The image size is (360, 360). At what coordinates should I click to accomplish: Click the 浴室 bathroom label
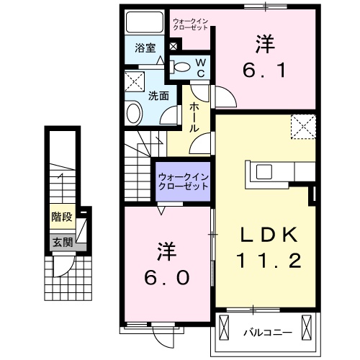(145, 48)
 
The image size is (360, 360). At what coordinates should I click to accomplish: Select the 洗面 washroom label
(158, 94)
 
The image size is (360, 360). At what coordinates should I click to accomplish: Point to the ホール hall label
(194, 116)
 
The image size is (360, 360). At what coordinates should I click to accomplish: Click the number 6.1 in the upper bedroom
(264, 71)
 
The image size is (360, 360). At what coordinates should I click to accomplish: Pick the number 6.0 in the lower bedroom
(168, 277)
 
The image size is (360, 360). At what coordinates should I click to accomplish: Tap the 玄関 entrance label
(61, 243)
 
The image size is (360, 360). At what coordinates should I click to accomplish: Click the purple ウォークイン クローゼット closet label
(183, 180)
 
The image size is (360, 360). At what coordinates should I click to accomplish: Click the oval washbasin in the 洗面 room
(135, 113)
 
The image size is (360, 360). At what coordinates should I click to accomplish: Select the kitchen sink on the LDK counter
(260, 172)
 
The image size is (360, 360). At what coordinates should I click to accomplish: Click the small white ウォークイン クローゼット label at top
(190, 24)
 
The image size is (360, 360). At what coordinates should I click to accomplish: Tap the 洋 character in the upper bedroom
(264, 43)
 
